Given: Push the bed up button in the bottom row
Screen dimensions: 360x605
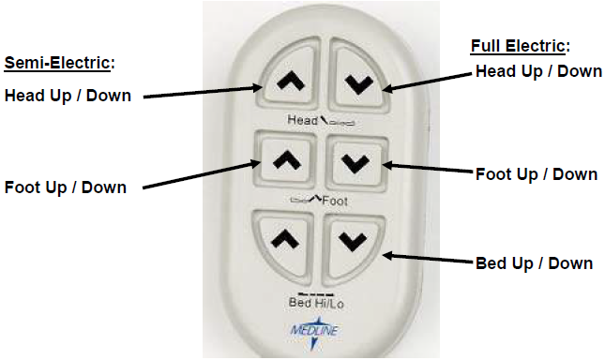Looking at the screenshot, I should (283, 241).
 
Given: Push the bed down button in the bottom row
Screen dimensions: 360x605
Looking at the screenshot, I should (352, 241).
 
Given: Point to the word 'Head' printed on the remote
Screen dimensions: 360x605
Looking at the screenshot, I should (302, 119).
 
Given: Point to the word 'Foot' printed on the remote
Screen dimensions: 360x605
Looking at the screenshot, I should (336, 199).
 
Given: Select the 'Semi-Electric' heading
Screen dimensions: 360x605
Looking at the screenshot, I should (58, 63).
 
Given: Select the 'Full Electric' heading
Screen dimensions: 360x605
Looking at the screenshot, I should (519, 46).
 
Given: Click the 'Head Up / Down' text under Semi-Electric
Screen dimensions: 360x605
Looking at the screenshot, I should (68, 95).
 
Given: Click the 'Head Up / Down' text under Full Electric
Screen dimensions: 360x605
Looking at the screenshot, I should (538, 71).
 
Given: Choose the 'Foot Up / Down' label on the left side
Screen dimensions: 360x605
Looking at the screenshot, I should (65, 187).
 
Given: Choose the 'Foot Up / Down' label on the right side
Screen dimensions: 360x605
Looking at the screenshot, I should (537, 173).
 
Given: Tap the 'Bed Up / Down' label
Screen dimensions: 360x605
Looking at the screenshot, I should (532, 262).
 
